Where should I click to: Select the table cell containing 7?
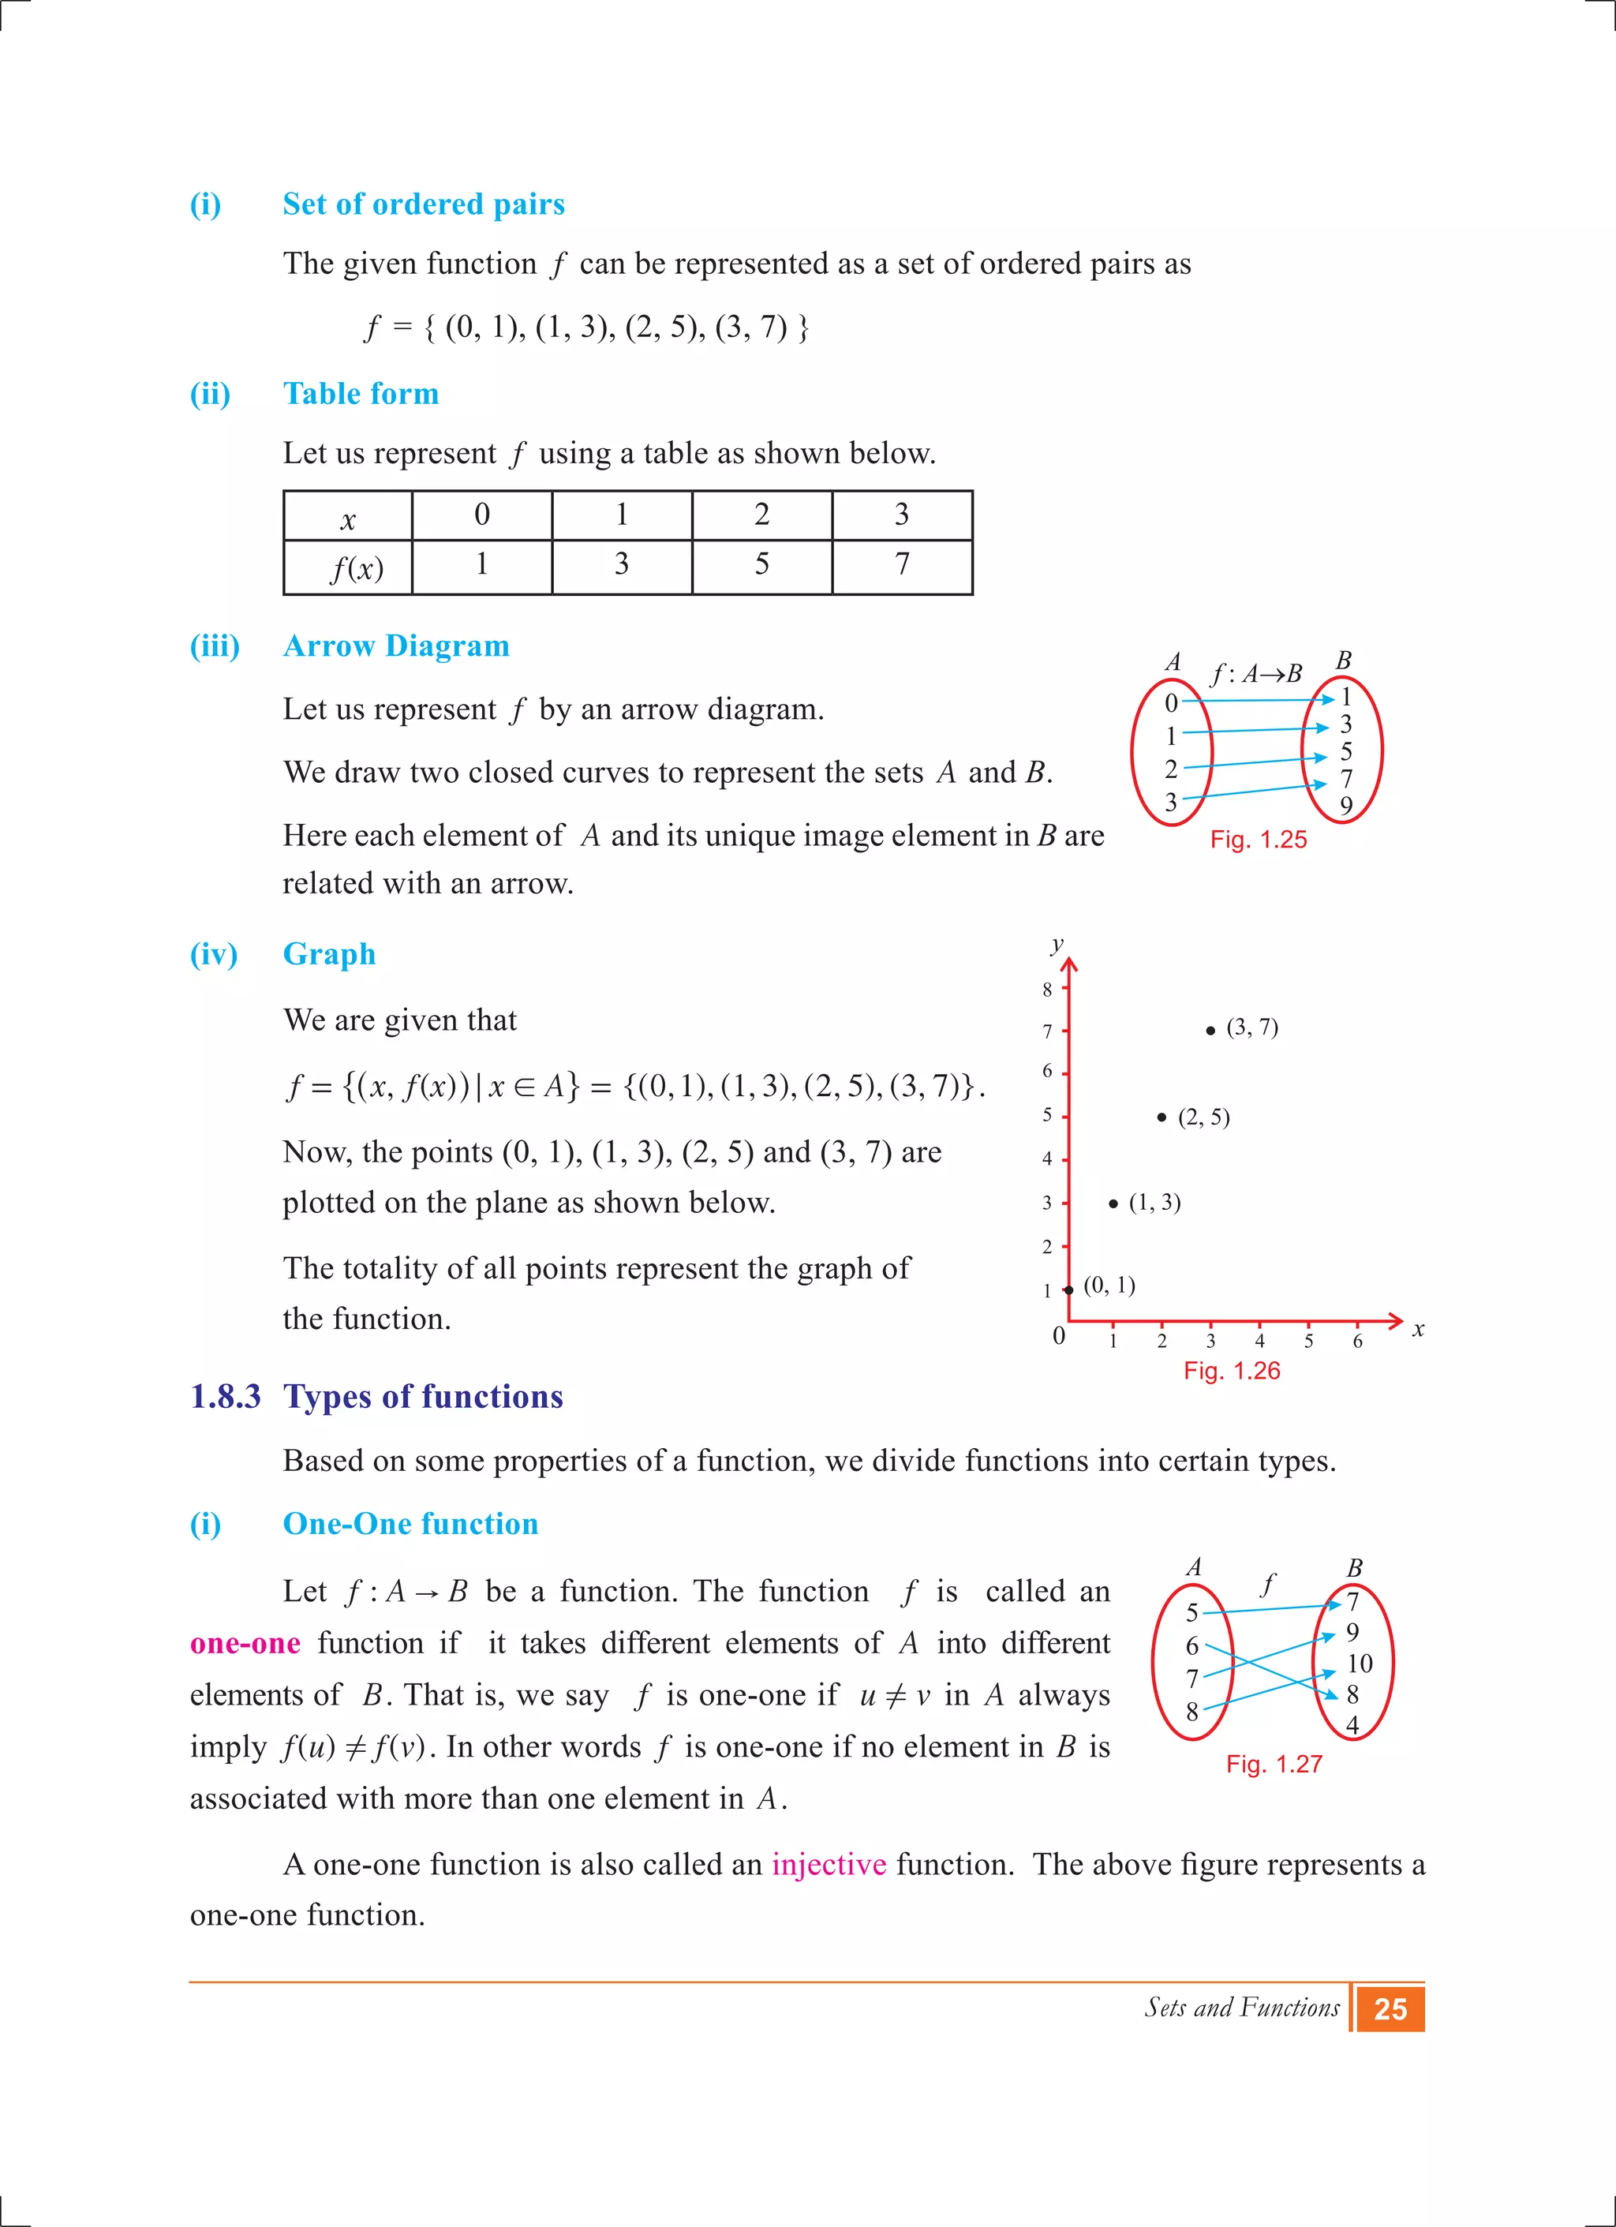tap(901, 566)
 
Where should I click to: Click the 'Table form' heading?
tap(361, 394)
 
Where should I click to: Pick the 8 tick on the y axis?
tap(1048, 989)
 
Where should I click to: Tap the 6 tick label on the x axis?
tap(1357, 1342)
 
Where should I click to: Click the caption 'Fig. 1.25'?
tap(1258, 840)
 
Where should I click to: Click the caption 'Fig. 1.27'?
tap(1274, 1764)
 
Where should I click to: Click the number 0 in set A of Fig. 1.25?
tap(1170, 703)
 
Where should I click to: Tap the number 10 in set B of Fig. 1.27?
tap(1359, 1664)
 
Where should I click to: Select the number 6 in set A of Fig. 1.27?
tap(1191, 1645)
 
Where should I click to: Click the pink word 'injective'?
tap(829, 1864)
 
